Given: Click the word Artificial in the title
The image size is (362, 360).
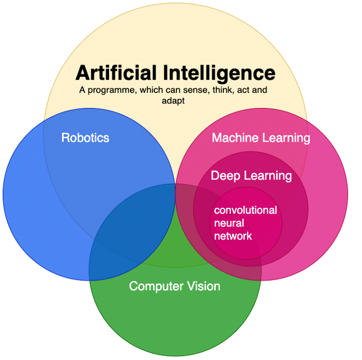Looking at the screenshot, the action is point(116,73).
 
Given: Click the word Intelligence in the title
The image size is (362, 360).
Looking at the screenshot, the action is point(219,74).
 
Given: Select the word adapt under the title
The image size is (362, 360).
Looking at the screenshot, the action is point(173,101).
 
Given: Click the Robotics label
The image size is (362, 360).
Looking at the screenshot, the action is point(85,138).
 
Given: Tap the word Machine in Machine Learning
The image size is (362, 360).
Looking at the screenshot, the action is point(235,138).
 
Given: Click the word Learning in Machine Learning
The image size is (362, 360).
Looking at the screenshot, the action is point(286,138).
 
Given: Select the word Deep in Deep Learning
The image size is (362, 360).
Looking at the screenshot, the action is point(226,176).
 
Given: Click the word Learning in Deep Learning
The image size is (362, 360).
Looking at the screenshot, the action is point(268,176).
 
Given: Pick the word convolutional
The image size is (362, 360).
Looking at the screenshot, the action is point(245,210).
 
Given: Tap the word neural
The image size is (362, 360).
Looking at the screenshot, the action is point(229,223).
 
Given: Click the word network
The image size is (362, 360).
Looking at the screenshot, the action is point(233,236).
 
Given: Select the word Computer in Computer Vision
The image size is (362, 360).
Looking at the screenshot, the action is point(156,286).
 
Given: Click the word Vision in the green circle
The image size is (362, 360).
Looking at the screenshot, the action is point(204,286).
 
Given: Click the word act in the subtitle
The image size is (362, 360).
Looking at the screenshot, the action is point(242,90).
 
